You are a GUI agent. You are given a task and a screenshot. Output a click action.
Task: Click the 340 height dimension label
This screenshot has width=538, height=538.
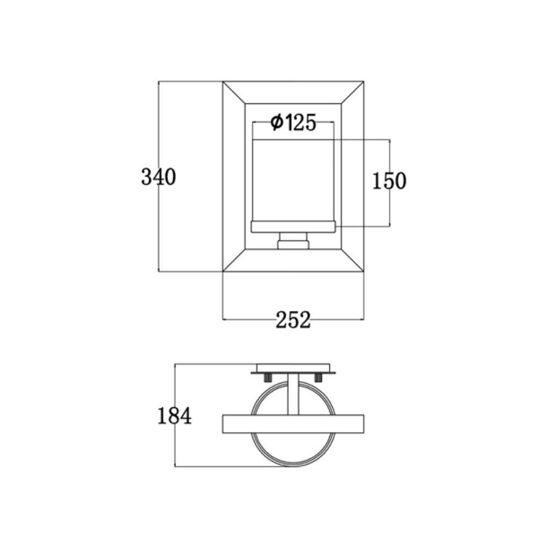158,176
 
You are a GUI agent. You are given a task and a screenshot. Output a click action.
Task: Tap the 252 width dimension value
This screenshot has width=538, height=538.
293,320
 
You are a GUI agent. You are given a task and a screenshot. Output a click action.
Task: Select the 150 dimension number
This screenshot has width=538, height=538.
390,181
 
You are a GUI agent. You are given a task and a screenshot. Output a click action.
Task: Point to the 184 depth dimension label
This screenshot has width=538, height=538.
174,416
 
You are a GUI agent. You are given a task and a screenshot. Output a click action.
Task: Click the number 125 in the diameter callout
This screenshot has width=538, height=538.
300,123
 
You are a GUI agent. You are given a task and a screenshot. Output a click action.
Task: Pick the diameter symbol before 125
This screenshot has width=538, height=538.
277,123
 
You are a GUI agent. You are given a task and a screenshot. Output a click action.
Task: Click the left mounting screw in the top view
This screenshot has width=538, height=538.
267,378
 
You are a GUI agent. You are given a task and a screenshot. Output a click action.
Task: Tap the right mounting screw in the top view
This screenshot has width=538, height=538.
319,378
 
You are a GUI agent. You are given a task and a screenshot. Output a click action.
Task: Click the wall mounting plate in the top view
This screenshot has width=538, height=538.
293,369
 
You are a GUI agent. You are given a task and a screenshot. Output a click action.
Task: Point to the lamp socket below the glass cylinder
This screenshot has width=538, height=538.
293,241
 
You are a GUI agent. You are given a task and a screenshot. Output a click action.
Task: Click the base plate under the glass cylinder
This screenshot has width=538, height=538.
293,228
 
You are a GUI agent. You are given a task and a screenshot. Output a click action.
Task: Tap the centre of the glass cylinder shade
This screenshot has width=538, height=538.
293,180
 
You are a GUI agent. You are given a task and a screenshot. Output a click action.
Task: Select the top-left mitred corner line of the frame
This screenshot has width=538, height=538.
234,92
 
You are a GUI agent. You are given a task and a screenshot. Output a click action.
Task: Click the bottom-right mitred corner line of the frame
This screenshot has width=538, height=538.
353,261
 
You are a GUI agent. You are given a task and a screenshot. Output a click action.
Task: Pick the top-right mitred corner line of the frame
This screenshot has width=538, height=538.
353,92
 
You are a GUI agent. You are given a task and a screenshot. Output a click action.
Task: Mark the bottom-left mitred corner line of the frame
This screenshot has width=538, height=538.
234,261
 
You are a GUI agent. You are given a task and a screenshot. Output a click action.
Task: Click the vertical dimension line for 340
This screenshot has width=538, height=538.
159,226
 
